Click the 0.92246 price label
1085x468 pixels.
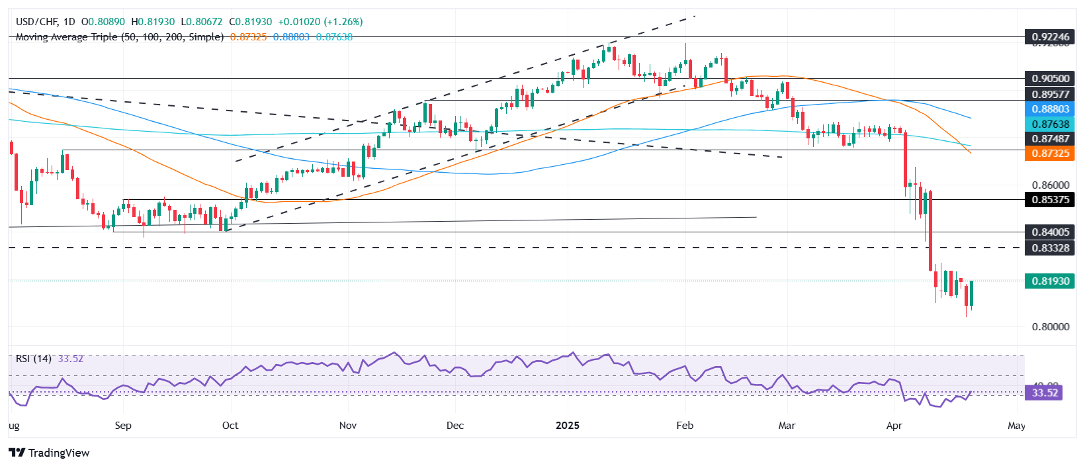pos(1050,37)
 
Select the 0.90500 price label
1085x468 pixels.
pos(1050,78)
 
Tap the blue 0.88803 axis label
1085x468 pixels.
pos(1050,109)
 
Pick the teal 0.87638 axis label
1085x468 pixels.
pos(1050,124)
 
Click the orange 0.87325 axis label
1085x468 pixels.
pos(1050,153)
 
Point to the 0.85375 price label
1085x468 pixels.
pos(1050,199)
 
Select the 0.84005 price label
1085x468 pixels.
pos(1050,232)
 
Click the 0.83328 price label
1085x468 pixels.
pos(1050,248)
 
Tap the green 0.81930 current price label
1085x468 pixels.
pos(1050,281)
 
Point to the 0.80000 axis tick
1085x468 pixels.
pos(1050,326)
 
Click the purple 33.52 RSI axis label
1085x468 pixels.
pos(1045,393)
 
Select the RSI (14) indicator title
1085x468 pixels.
pos(34,358)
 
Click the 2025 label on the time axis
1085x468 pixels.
pos(567,425)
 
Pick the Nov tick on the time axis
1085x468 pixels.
pos(347,425)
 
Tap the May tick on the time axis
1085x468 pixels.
pos(1016,425)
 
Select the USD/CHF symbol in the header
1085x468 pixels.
pos(36,22)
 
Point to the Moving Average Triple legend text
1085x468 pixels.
pos(119,37)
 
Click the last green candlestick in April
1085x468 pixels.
pos(971,293)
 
